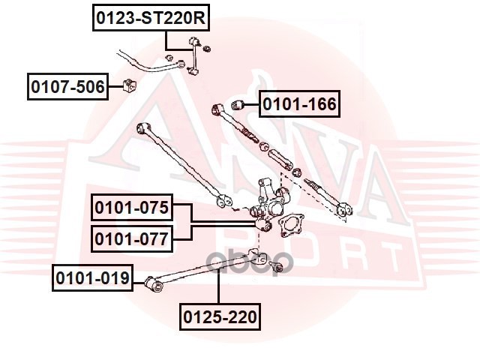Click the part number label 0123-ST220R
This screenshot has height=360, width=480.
151,18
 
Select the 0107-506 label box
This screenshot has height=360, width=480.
67,87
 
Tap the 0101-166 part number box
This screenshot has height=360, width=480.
300,103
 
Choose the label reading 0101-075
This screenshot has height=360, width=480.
132,207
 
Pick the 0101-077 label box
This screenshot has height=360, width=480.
132,238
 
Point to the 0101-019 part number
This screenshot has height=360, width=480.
92,278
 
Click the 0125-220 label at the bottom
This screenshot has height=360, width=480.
220,316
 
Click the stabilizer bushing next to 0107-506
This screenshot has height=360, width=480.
130,85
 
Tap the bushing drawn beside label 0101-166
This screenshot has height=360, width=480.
237,105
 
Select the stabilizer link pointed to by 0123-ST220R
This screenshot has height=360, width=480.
193,56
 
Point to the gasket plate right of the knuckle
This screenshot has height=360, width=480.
290,225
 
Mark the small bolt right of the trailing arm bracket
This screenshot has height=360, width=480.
275,266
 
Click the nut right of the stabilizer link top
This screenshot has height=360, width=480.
207,48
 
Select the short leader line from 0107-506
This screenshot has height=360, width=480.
115,87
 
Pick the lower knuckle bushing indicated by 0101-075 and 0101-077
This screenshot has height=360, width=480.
263,225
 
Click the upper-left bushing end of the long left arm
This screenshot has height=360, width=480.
143,128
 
